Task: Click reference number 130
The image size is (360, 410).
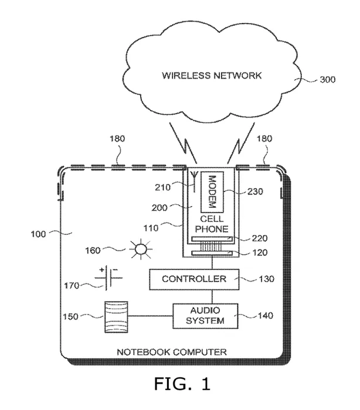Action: tap(267, 279)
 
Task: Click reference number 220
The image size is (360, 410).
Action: tap(260, 238)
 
